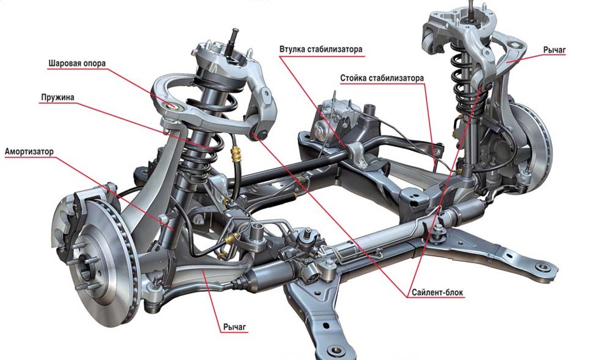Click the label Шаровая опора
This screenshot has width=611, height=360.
coord(76,64)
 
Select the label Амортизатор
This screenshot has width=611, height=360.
coord(29,152)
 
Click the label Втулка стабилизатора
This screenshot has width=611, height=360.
coord(321,49)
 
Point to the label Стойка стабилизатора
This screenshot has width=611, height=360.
coord(381,78)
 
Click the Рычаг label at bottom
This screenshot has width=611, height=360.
coord(234,328)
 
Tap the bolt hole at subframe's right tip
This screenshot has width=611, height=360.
coord(542,267)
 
